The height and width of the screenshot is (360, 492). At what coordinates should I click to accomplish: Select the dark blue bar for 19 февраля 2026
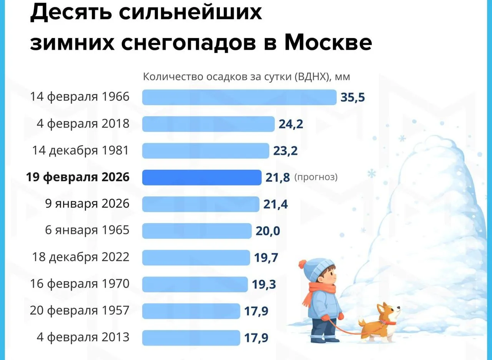click(201, 178)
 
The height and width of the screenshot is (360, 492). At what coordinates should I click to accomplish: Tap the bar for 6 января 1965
click(196, 231)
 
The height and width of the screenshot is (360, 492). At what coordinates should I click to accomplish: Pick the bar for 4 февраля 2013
click(191, 338)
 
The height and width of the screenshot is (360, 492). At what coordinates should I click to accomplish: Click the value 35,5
click(352, 98)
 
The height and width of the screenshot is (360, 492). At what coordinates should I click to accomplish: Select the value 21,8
click(278, 178)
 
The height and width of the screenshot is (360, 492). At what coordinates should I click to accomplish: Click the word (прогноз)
click(316, 178)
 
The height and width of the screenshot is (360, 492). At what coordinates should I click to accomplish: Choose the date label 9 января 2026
click(87, 204)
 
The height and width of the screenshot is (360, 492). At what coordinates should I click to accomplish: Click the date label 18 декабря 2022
click(81, 257)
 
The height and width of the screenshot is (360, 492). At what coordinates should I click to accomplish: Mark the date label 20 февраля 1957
click(80, 310)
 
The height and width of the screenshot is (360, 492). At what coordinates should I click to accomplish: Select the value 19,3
click(264, 284)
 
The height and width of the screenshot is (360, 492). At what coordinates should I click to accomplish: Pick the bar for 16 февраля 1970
click(195, 284)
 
